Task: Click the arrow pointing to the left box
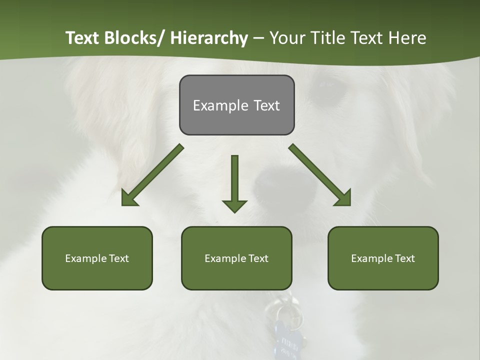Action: tap(152, 175)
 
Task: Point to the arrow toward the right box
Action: tap(320, 175)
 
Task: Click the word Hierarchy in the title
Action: tap(209, 38)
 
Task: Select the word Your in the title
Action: tap(286, 38)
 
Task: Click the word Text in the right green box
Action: tap(404, 258)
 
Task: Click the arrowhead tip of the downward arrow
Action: tap(234, 212)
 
